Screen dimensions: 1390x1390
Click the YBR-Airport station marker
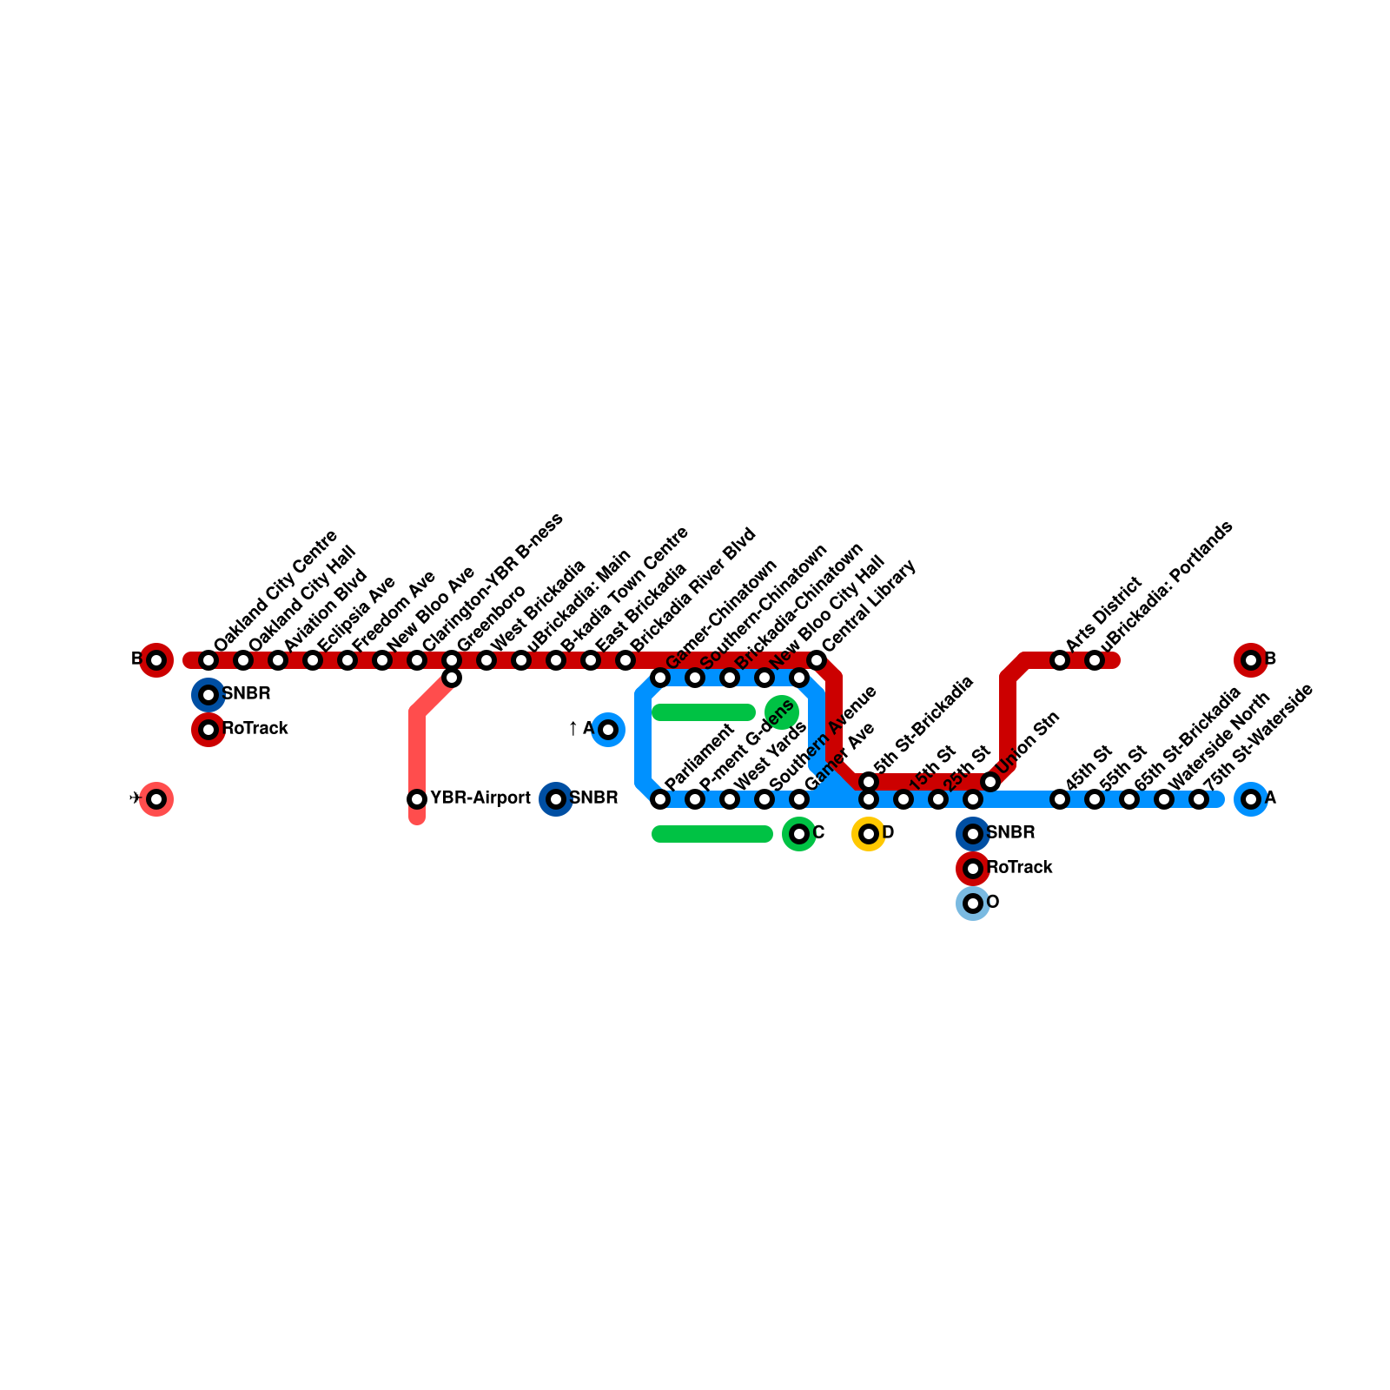click(x=417, y=798)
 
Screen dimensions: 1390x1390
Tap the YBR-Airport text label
click(x=480, y=798)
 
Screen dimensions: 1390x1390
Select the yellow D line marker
click(x=869, y=834)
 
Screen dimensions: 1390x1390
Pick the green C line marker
click(x=799, y=834)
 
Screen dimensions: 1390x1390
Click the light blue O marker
click(x=973, y=903)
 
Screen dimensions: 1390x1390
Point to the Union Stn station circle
click(x=990, y=782)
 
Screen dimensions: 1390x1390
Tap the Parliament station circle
click(x=660, y=799)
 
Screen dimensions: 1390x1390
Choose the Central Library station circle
click(x=817, y=660)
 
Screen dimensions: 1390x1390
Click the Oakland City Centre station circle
click(x=208, y=660)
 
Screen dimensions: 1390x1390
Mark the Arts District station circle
click(x=1060, y=660)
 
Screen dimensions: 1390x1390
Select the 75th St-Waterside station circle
click(x=1199, y=799)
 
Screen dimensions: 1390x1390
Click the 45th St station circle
click(x=1060, y=799)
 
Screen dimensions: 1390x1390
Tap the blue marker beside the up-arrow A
click(x=608, y=730)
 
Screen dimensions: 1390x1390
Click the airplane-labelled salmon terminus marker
click(x=156, y=799)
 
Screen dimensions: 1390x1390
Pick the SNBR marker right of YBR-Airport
click(x=556, y=799)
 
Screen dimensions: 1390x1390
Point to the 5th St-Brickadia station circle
click(x=869, y=782)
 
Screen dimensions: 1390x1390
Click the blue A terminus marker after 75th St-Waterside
click(x=1251, y=799)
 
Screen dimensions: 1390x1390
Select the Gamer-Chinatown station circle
click(x=660, y=678)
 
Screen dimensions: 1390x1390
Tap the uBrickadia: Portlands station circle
click(x=1095, y=660)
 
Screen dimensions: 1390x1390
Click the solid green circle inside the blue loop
click(x=782, y=712)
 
